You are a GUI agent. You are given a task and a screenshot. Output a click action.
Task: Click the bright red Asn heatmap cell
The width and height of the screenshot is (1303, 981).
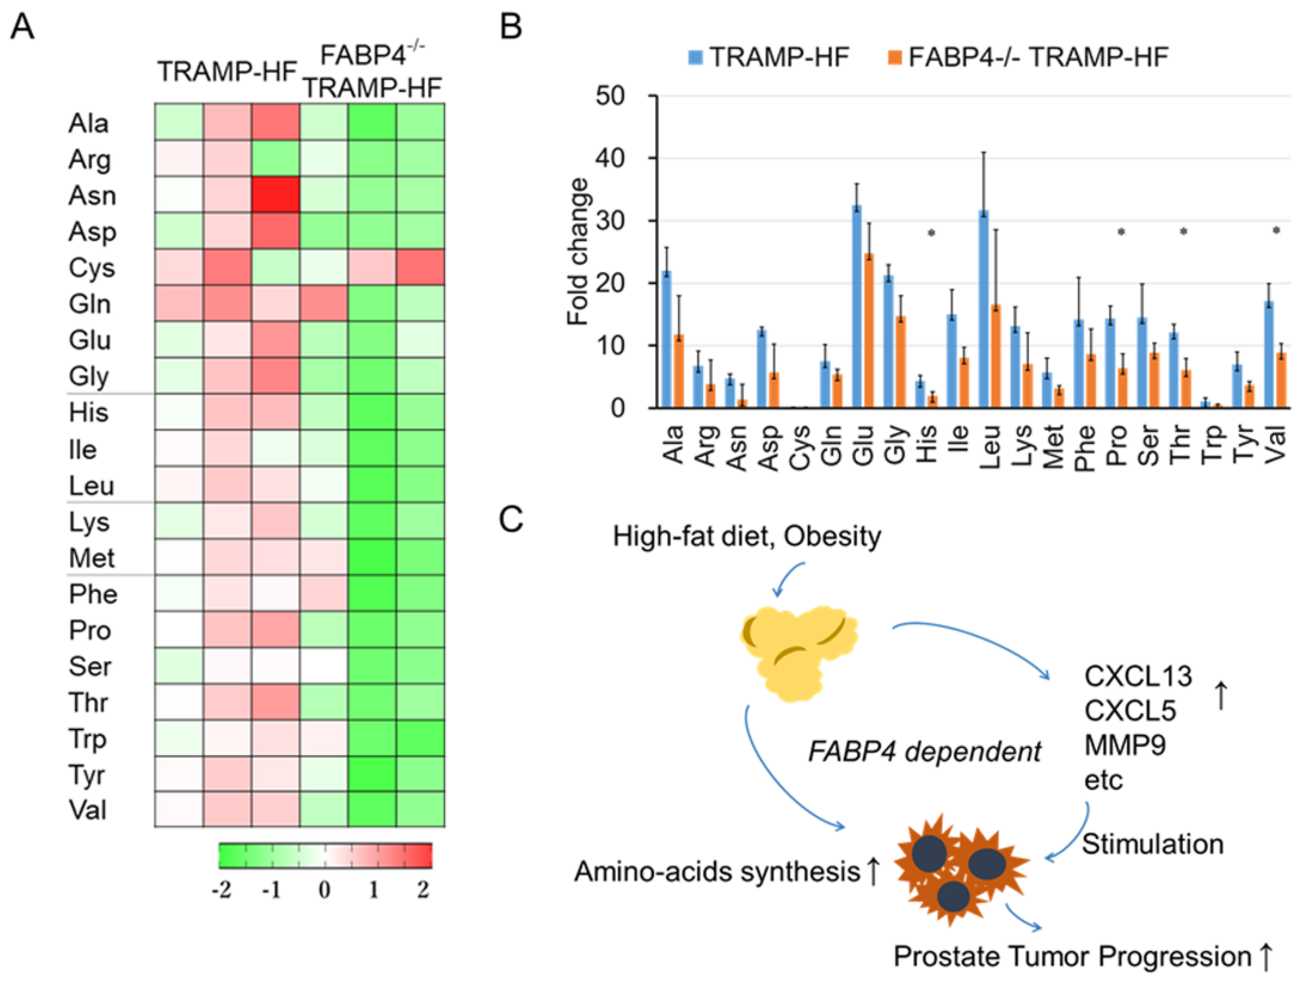pyautogui.click(x=275, y=194)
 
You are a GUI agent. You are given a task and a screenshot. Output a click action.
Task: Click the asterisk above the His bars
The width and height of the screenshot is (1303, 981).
pyautogui.click(x=931, y=233)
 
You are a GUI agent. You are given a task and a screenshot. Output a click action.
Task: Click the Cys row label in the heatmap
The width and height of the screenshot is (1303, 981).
pyautogui.click(x=91, y=268)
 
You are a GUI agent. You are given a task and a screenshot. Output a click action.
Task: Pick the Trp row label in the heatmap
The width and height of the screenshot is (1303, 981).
pyautogui.click(x=88, y=739)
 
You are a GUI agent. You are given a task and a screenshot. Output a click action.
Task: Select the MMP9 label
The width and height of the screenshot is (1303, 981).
pyautogui.click(x=1125, y=745)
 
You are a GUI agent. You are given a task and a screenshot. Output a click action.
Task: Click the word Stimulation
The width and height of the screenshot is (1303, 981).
pyautogui.click(x=1153, y=844)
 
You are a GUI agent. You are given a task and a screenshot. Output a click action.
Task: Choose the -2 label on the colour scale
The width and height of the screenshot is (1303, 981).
pyautogui.click(x=222, y=889)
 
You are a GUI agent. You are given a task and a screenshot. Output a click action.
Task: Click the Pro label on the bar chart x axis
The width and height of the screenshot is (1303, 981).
pyautogui.click(x=1117, y=445)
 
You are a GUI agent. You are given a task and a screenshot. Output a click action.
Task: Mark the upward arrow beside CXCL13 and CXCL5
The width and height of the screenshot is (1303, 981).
pyautogui.click(x=1221, y=695)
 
